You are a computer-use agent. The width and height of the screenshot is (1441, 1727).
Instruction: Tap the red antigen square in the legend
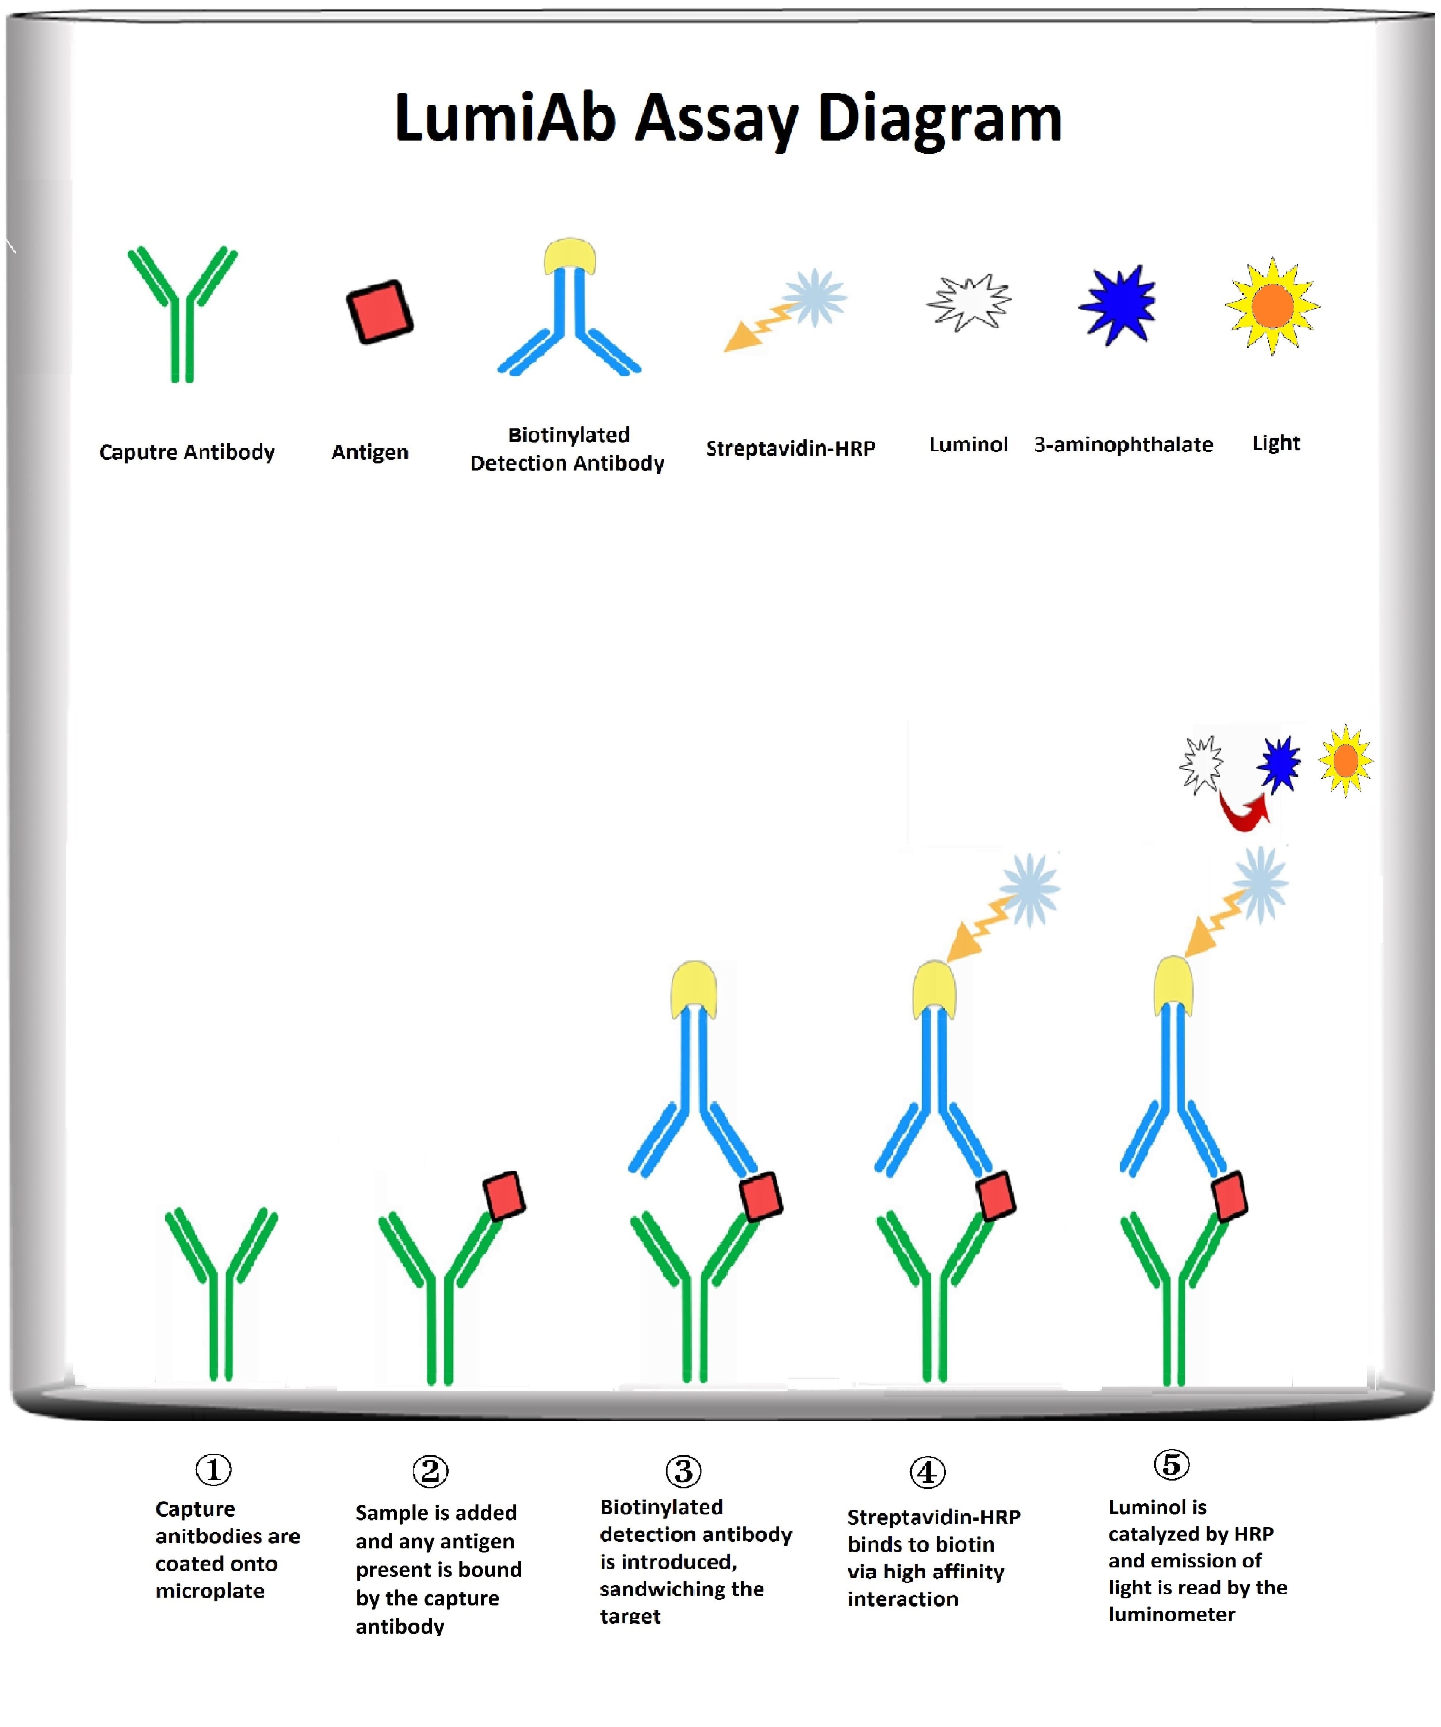379,312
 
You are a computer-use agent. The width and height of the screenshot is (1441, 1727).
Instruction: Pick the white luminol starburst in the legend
969,303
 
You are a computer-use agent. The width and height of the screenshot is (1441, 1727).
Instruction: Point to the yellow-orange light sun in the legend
1272,306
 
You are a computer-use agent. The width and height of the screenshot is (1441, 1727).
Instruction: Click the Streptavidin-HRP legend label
790,448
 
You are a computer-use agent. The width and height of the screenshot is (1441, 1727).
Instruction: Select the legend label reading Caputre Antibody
187,452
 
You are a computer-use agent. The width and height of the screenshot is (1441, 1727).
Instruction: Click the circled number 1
213,1469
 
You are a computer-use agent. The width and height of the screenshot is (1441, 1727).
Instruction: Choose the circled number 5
1171,1464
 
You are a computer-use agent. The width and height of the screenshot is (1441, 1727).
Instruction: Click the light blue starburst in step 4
1030,890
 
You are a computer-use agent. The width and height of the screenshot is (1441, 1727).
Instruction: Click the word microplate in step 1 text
210,1591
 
